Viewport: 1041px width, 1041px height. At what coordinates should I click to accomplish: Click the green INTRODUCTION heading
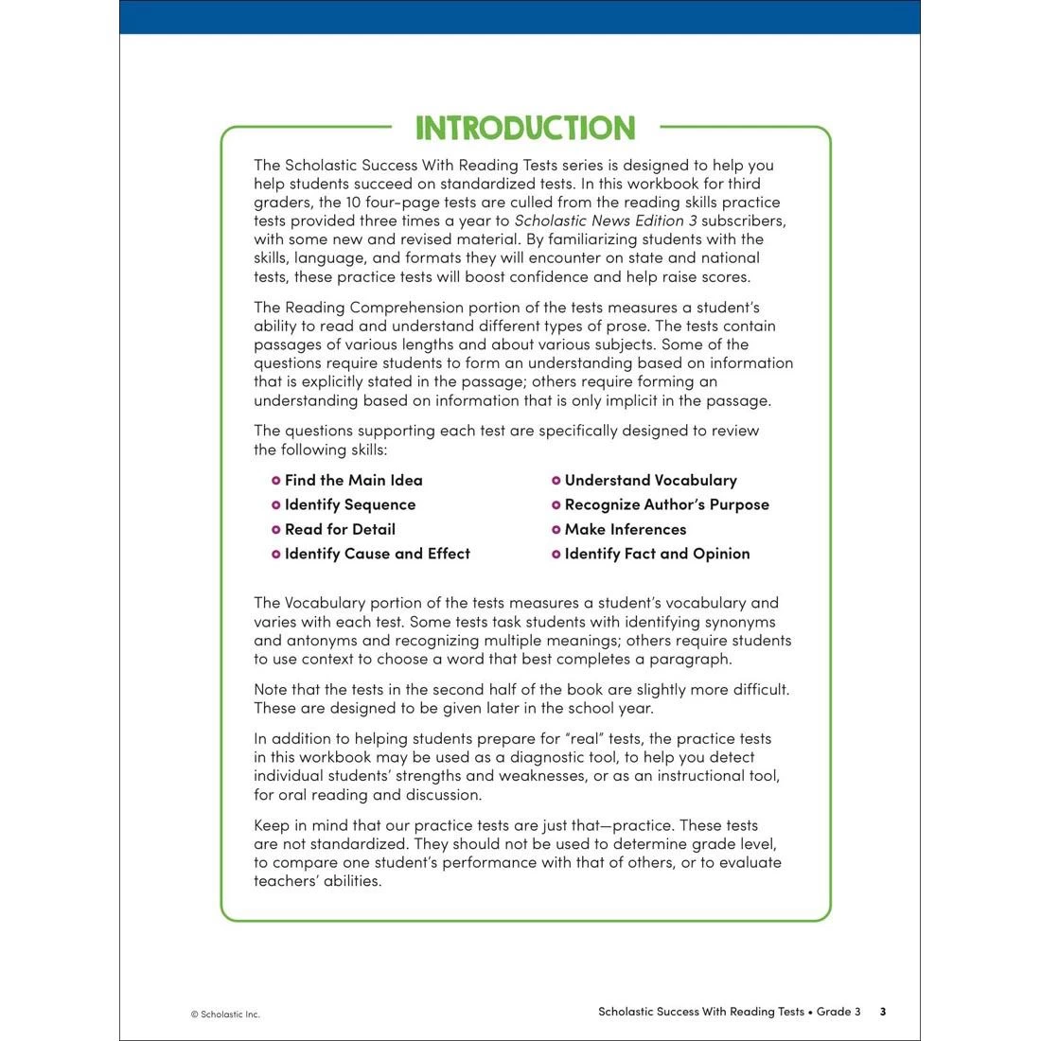(525, 128)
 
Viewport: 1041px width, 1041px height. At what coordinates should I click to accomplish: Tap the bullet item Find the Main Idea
(353, 480)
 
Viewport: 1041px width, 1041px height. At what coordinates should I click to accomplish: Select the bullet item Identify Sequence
(349, 504)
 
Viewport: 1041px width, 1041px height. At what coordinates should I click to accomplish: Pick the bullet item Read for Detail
(340, 529)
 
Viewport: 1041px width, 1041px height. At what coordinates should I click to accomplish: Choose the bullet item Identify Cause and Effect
(377, 554)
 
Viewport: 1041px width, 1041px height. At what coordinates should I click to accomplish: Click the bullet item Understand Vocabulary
(650, 480)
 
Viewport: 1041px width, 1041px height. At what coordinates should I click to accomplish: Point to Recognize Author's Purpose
(666, 504)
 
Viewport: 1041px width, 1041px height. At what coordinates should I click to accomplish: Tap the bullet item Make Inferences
(625, 529)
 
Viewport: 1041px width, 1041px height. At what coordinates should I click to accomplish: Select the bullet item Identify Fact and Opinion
(657, 554)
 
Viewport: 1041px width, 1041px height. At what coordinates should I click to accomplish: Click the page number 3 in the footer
(883, 1012)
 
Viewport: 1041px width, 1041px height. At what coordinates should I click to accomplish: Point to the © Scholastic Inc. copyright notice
(225, 1015)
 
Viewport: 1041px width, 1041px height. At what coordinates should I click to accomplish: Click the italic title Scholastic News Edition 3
(606, 221)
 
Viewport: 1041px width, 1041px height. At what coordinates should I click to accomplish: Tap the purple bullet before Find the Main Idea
(276, 481)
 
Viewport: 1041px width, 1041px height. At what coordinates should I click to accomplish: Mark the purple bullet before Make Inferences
(556, 530)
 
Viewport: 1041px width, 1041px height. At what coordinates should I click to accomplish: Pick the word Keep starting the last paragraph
(273, 825)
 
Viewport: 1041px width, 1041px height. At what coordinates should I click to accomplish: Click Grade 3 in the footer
(838, 1012)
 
